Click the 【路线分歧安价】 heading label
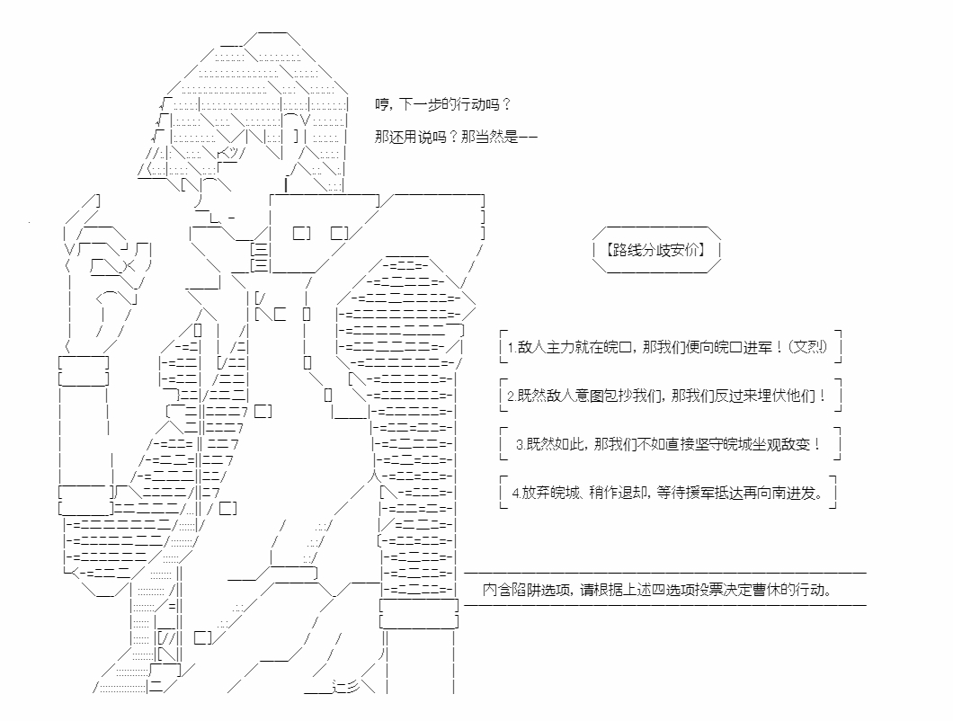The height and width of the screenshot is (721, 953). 655,250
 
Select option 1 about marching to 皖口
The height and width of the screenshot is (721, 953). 667,347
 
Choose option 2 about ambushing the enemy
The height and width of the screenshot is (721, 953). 667,396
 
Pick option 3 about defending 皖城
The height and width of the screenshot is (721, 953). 669,444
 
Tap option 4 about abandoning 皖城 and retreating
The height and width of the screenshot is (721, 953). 668,493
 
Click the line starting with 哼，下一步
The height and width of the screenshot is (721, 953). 443,104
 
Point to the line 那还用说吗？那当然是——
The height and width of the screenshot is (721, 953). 456,137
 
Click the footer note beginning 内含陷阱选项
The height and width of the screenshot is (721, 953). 657,589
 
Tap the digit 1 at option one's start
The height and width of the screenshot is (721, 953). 512,348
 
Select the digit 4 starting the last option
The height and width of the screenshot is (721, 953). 515,493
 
